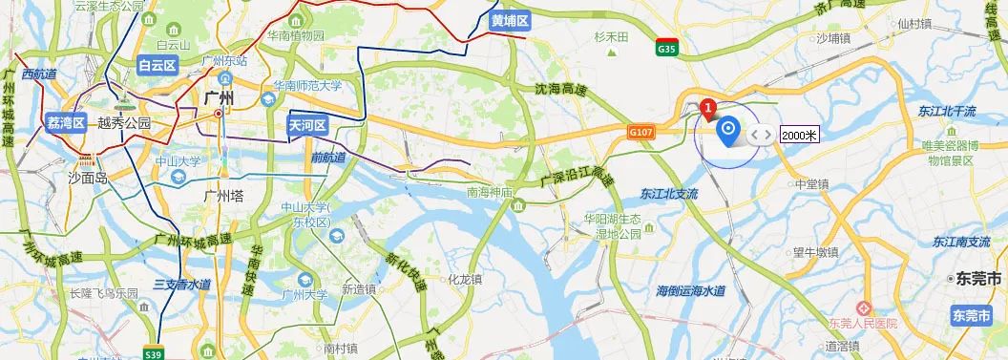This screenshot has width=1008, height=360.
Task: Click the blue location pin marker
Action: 728,131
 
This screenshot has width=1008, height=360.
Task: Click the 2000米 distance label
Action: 799,135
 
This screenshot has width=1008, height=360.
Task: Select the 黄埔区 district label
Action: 510,20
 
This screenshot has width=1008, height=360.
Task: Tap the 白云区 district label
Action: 157,66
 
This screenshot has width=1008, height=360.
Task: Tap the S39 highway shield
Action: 148,351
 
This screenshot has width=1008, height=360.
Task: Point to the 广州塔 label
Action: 225,196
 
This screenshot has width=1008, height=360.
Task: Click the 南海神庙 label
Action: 491,193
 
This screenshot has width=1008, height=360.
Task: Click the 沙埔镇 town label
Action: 832,39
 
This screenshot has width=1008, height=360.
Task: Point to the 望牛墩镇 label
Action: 815,253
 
